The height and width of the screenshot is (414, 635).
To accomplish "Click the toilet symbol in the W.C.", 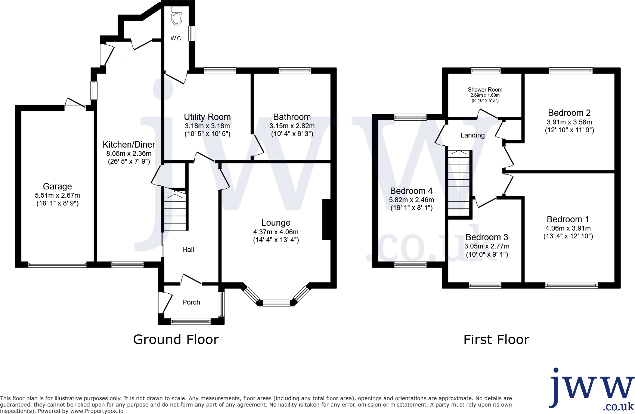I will [177, 16].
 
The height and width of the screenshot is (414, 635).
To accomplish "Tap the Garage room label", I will [58, 186].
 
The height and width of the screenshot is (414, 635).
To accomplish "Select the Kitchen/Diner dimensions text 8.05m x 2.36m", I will [129, 154].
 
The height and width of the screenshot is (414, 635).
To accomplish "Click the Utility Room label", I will [207, 117].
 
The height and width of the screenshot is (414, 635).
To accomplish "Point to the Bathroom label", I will [292, 117].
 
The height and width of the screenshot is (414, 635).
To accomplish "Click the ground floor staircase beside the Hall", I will [175, 211].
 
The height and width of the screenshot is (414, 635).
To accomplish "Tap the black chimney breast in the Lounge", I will [327, 219].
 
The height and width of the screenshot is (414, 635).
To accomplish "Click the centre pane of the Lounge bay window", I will [276, 303].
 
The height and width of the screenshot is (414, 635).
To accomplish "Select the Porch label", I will [191, 302].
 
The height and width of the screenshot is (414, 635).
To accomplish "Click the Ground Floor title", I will [176, 340].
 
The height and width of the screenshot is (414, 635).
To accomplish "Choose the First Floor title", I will [496, 340].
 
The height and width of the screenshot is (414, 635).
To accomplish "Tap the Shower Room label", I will [485, 90].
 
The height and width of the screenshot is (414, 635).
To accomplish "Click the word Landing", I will [473, 135].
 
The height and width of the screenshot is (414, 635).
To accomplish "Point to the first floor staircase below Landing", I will [459, 183].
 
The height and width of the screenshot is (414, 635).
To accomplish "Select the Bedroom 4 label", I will [411, 191].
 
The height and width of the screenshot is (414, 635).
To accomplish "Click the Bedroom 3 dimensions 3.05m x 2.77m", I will [487, 246].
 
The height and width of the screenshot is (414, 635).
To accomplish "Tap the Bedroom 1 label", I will [568, 219].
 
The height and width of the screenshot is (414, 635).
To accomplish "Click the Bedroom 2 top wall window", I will [570, 71].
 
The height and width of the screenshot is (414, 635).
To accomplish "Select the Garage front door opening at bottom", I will [57, 265].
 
